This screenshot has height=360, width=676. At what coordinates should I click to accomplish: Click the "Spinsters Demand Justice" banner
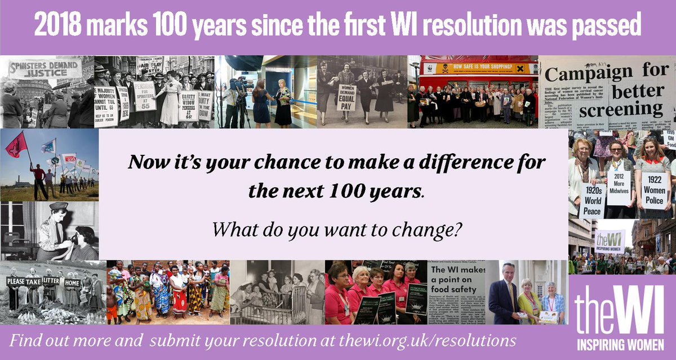(x=45, y=68)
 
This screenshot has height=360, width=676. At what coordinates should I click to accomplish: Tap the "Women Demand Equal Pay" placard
(x=346, y=97)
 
